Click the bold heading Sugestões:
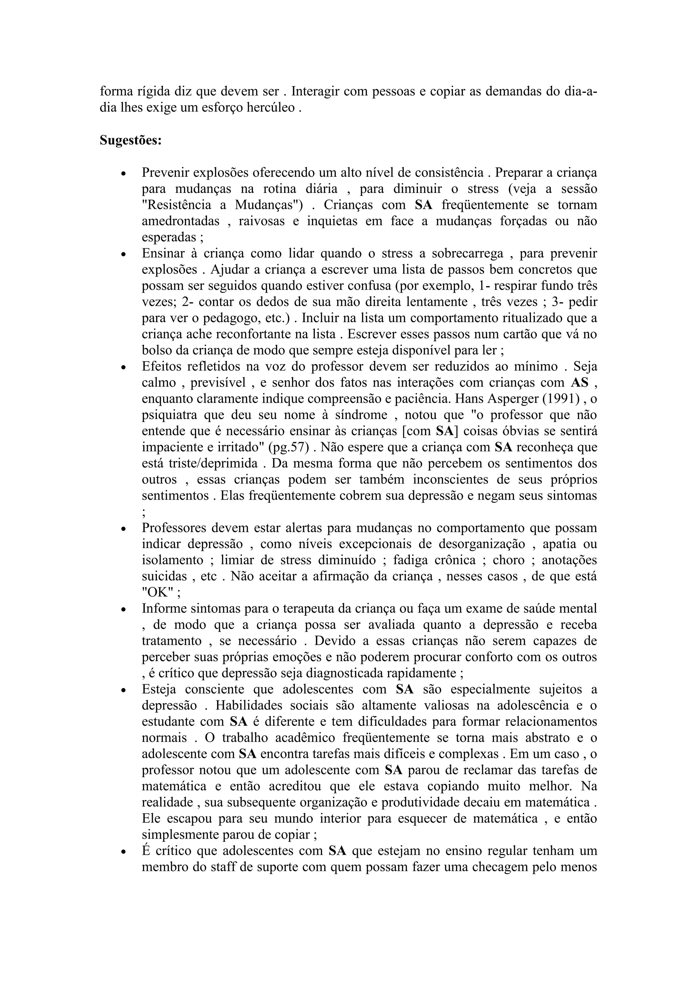130,140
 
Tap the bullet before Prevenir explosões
124,174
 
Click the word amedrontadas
181,221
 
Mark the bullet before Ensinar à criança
124,254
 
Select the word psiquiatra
169,415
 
